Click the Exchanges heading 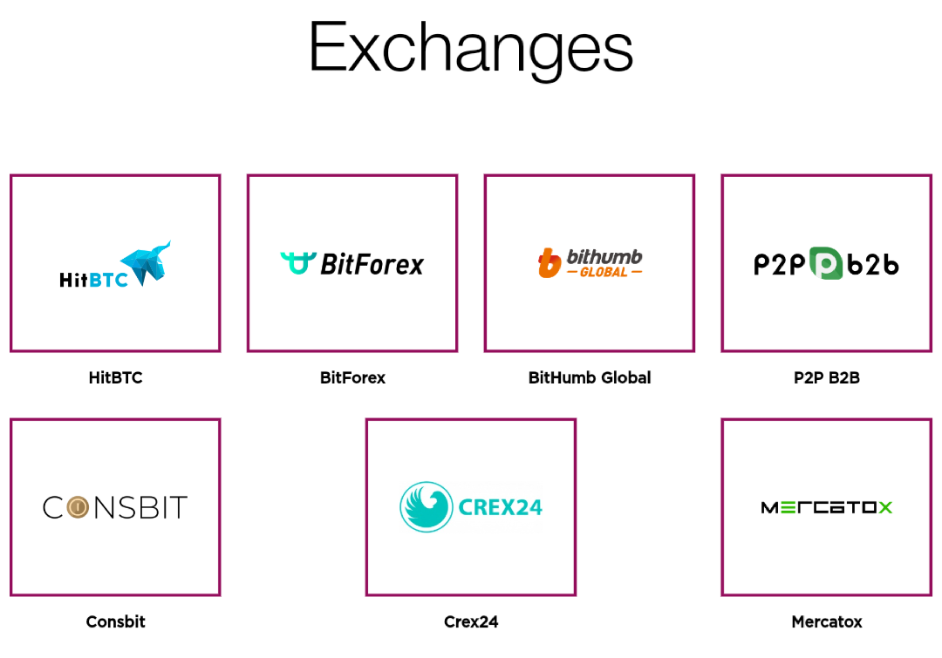pyautogui.click(x=471, y=48)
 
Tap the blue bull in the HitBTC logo pyautogui.click(x=146, y=263)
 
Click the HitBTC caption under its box pyautogui.click(x=115, y=377)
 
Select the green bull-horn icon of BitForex pyautogui.click(x=298, y=263)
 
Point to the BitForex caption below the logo pyautogui.click(x=352, y=377)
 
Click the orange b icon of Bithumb pyautogui.click(x=549, y=263)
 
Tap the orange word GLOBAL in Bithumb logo pyautogui.click(x=604, y=272)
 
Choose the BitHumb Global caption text pyautogui.click(x=590, y=377)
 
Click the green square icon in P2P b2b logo pyautogui.click(x=826, y=263)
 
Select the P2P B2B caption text pyautogui.click(x=827, y=377)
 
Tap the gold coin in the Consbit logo pyautogui.click(x=78, y=507)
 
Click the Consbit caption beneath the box pyautogui.click(x=115, y=621)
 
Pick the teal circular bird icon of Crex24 pyautogui.click(x=427, y=506)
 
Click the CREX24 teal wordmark pyautogui.click(x=501, y=507)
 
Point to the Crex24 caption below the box pyautogui.click(x=471, y=621)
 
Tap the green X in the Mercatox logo pyautogui.click(x=885, y=508)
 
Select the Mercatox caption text pyautogui.click(x=827, y=621)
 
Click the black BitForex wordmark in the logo pyautogui.click(x=372, y=264)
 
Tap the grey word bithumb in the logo pyautogui.click(x=604, y=256)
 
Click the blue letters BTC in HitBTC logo pyautogui.click(x=108, y=280)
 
